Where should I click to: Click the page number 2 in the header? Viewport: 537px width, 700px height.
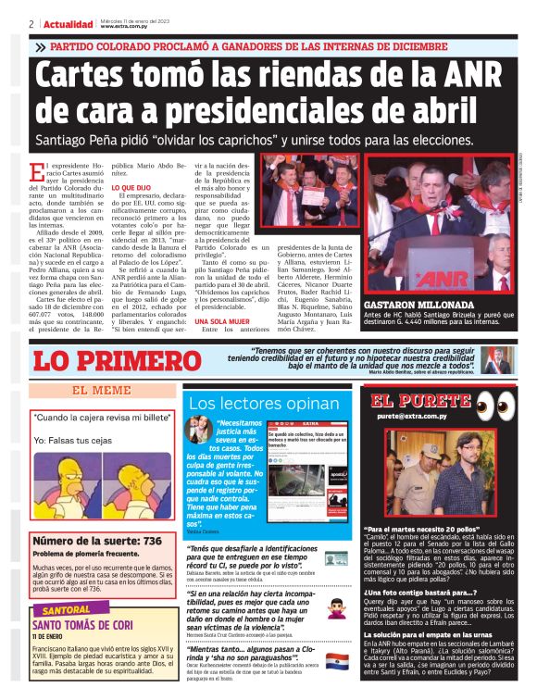[32, 24]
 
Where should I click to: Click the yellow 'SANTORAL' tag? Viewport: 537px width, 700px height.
[66, 612]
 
